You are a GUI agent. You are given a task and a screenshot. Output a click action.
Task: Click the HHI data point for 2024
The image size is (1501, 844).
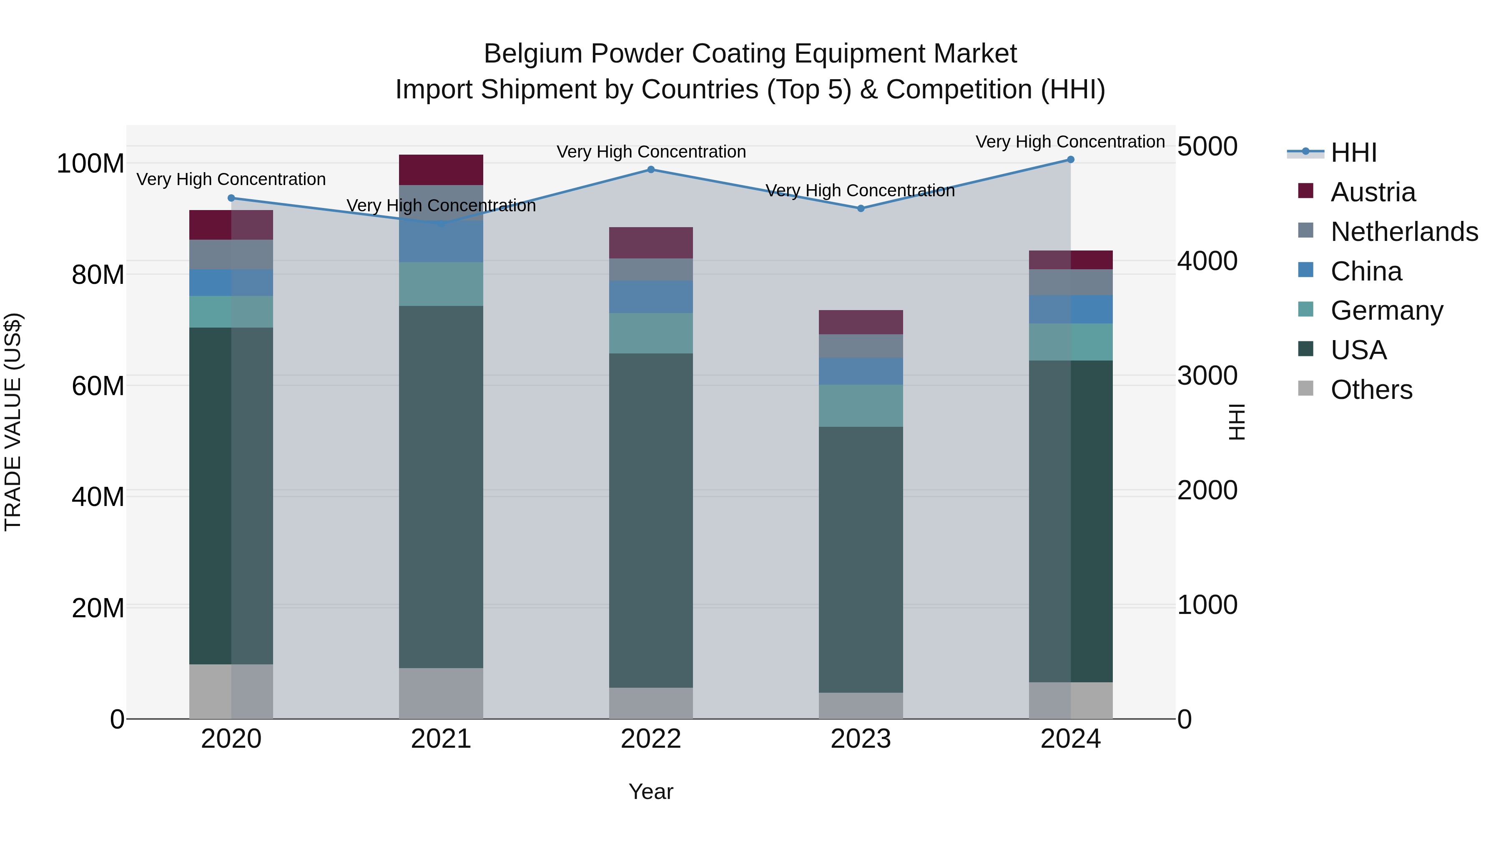1070,160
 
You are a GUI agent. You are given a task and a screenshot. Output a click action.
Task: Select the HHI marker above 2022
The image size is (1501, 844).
651,170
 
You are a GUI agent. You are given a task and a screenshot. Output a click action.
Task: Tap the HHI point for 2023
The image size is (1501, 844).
861,208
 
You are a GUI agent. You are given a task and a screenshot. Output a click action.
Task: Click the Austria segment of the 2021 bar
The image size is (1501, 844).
441,170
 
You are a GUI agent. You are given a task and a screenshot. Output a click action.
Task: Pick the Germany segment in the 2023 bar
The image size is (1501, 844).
861,406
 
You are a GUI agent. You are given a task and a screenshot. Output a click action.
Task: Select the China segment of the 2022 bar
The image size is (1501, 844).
651,297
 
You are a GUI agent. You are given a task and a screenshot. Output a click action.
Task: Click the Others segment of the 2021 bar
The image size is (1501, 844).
441,693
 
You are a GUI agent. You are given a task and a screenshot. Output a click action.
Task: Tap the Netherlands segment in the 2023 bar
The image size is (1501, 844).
861,346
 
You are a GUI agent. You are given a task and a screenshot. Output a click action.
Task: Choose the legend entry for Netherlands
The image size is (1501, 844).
1404,232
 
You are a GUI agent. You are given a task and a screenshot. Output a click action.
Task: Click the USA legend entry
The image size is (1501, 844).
1358,350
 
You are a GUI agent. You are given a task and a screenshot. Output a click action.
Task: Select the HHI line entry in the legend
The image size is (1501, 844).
1353,153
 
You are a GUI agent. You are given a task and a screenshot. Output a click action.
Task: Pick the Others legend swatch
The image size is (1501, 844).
1306,388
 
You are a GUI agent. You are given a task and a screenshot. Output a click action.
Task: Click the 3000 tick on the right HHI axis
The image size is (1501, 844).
1207,376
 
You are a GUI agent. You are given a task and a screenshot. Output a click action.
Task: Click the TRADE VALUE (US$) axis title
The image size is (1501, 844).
13,422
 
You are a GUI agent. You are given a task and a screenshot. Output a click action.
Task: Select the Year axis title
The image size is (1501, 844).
651,791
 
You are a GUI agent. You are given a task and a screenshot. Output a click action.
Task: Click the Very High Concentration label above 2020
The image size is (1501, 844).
231,179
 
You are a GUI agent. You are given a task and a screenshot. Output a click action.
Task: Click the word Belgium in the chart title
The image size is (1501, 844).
532,54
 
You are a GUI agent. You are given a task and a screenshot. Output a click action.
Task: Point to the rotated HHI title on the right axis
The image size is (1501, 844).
1236,422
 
